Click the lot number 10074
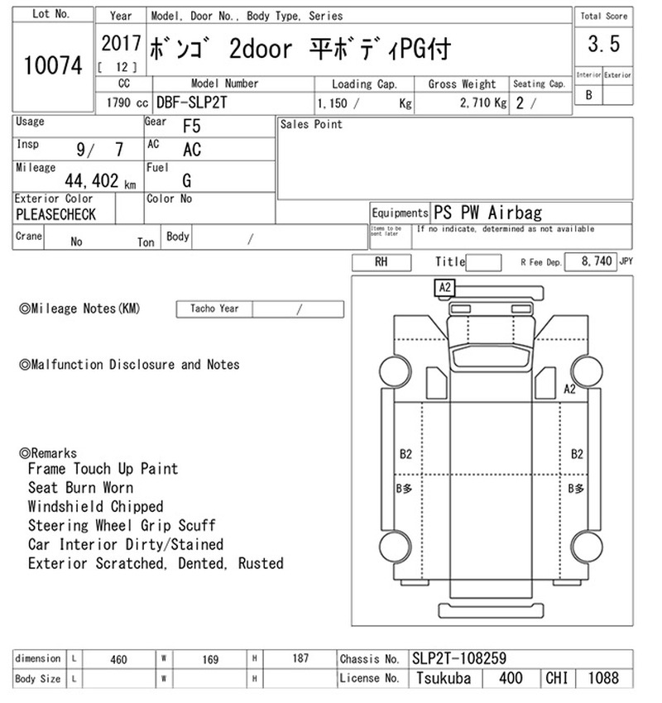pos(53,65)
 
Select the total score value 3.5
pos(604,44)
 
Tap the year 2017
pos(121,43)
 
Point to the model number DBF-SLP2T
pos(191,103)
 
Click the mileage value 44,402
pos(92,180)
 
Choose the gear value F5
pos(191,126)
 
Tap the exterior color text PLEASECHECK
pos(55,214)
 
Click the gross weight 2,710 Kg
pos(483,103)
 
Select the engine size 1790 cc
pos(127,103)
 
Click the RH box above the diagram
pos(381,262)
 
